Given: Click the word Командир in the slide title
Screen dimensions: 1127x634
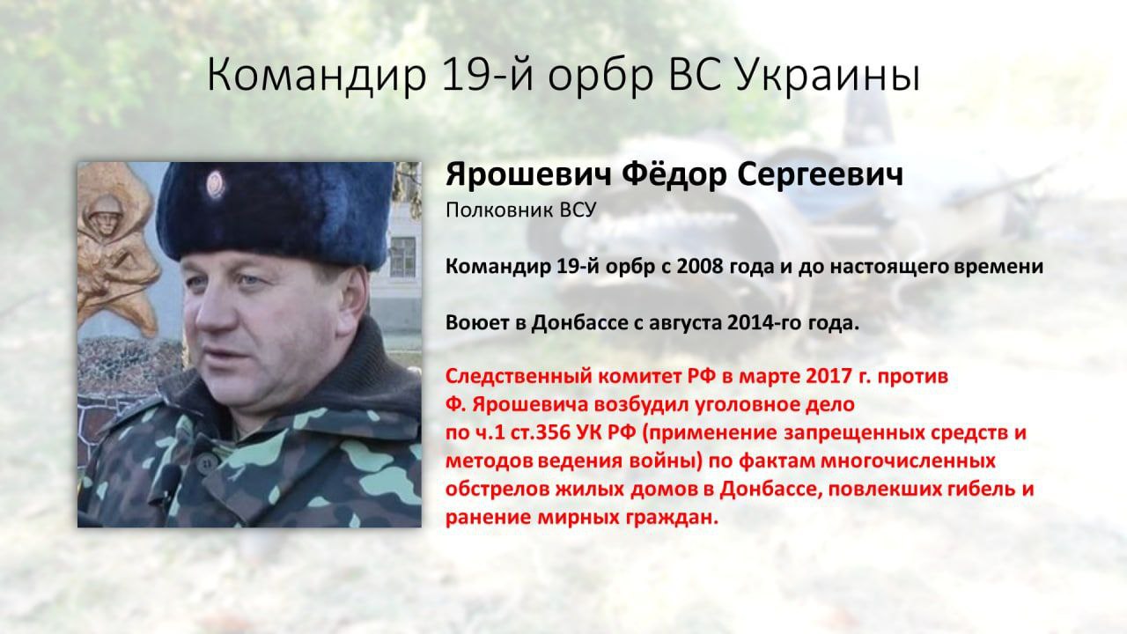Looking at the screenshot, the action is (317, 76).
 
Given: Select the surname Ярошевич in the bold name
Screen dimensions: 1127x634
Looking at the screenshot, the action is (529, 175).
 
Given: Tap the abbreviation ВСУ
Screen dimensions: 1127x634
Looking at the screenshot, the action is (578, 210).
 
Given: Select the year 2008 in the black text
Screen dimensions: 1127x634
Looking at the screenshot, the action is (697, 266).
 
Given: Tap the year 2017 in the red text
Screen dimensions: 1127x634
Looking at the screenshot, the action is (826, 376).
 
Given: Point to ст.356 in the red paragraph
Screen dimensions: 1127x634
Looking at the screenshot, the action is (538, 432).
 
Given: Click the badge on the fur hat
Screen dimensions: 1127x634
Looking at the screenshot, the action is (216, 183).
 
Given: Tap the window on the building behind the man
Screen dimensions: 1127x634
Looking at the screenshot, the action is (402, 257).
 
